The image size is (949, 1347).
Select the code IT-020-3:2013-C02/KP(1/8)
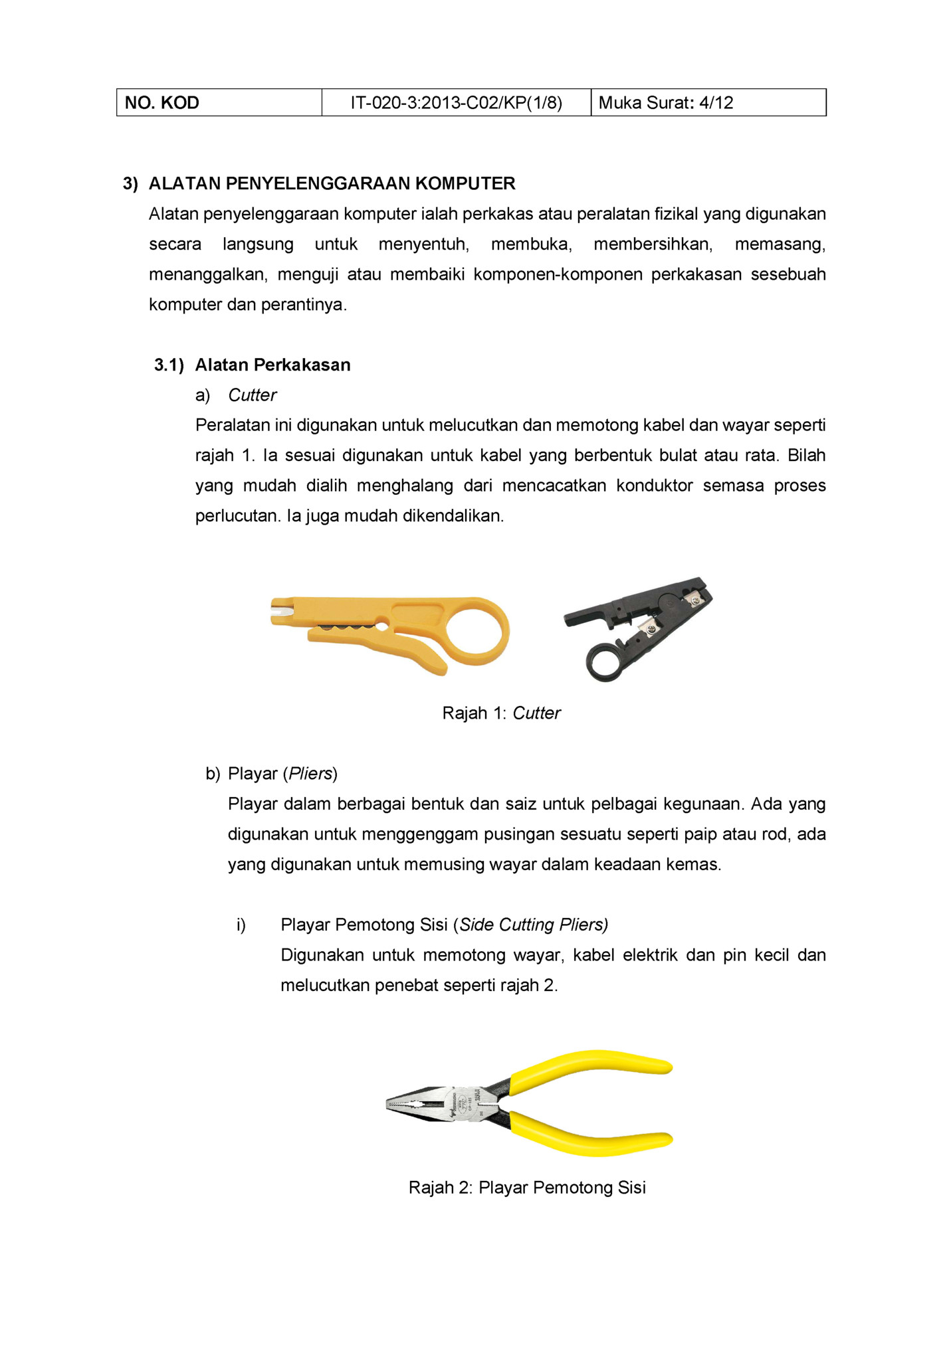click(456, 103)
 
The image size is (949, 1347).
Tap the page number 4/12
click(716, 103)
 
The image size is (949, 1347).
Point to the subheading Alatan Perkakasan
click(272, 365)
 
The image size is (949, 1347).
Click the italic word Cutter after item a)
click(252, 395)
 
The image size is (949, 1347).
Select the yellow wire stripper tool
click(372, 628)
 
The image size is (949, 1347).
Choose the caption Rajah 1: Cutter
click(501, 713)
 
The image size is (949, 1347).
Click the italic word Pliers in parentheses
click(310, 774)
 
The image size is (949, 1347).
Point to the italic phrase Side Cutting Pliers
click(533, 925)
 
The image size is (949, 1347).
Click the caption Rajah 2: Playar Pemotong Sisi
click(527, 1188)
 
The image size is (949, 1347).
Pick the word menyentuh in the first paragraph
click(423, 244)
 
